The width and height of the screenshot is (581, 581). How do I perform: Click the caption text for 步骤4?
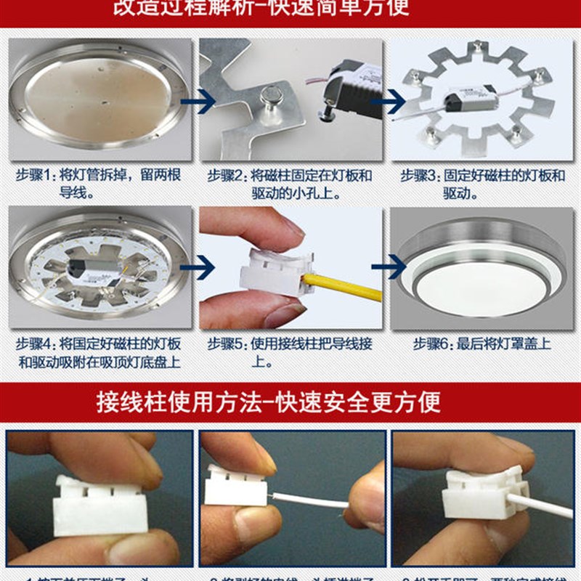click(x=99, y=352)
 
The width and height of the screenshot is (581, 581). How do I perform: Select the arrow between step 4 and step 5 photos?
click(x=196, y=267)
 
